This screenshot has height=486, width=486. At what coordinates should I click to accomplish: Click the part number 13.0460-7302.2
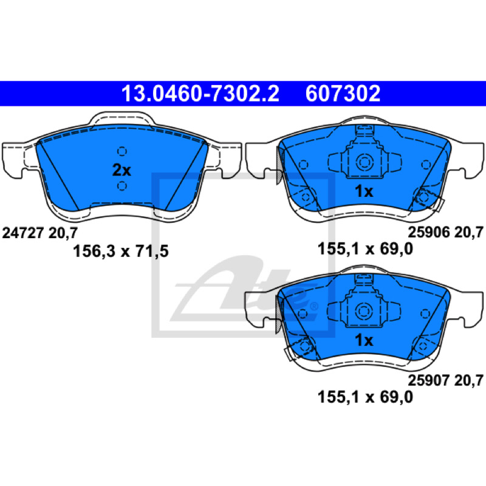pyautogui.click(x=200, y=94)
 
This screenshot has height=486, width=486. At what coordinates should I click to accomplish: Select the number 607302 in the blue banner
pyautogui.click(x=343, y=94)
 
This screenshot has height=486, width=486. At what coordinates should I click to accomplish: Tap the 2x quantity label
pyautogui.click(x=122, y=170)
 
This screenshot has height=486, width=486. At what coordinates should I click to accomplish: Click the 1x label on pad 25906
pyautogui.click(x=364, y=191)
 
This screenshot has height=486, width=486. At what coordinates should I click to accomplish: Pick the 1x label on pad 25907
pyautogui.click(x=364, y=340)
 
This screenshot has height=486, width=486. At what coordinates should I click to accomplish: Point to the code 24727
pyautogui.click(x=22, y=233)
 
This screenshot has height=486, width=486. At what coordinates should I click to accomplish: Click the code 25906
pyautogui.click(x=429, y=232)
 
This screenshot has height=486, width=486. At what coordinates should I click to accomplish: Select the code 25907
pyautogui.click(x=429, y=380)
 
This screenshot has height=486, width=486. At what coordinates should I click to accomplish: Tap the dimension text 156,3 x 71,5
pyautogui.click(x=120, y=251)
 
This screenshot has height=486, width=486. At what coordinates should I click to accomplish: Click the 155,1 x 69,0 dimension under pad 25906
pyautogui.click(x=365, y=248)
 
